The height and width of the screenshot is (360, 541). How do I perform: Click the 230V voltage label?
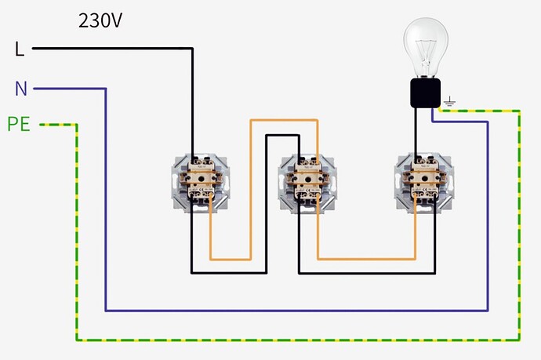(100, 21)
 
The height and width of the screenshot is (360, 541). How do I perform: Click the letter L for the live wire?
(20, 49)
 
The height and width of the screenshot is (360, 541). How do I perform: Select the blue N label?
(21, 89)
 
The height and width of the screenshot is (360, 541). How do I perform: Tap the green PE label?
(19, 124)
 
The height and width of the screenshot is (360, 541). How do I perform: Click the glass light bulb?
(426, 43)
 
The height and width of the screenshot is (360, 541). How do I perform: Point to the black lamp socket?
(426, 93)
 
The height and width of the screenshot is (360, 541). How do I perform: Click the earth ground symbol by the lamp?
(450, 101)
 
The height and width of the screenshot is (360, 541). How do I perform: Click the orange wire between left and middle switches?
(250, 188)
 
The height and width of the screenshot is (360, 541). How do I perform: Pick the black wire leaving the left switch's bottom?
(227, 273)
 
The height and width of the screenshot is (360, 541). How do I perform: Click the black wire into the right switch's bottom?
(353, 273)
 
